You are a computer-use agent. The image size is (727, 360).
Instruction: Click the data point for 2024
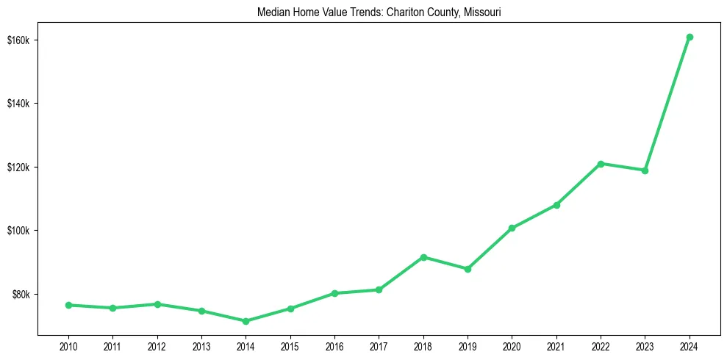coord(690,37)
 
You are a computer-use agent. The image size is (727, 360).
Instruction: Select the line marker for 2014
coord(246,321)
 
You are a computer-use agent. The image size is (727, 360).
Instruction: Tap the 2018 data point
coord(423,257)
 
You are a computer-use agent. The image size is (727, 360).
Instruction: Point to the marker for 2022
coord(601,164)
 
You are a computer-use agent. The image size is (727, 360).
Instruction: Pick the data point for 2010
coord(68,305)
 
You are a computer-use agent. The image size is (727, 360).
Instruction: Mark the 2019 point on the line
coord(468,269)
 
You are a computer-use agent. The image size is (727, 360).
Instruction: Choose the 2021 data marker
coord(556,205)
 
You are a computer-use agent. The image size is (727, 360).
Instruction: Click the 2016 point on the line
coord(334,293)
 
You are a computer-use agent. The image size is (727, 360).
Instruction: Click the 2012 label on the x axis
coord(157,345)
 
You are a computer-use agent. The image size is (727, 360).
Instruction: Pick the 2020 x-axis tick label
coord(512,345)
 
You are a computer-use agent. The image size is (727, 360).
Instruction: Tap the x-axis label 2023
coord(645,345)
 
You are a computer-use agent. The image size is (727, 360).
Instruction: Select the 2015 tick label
coord(290,345)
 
